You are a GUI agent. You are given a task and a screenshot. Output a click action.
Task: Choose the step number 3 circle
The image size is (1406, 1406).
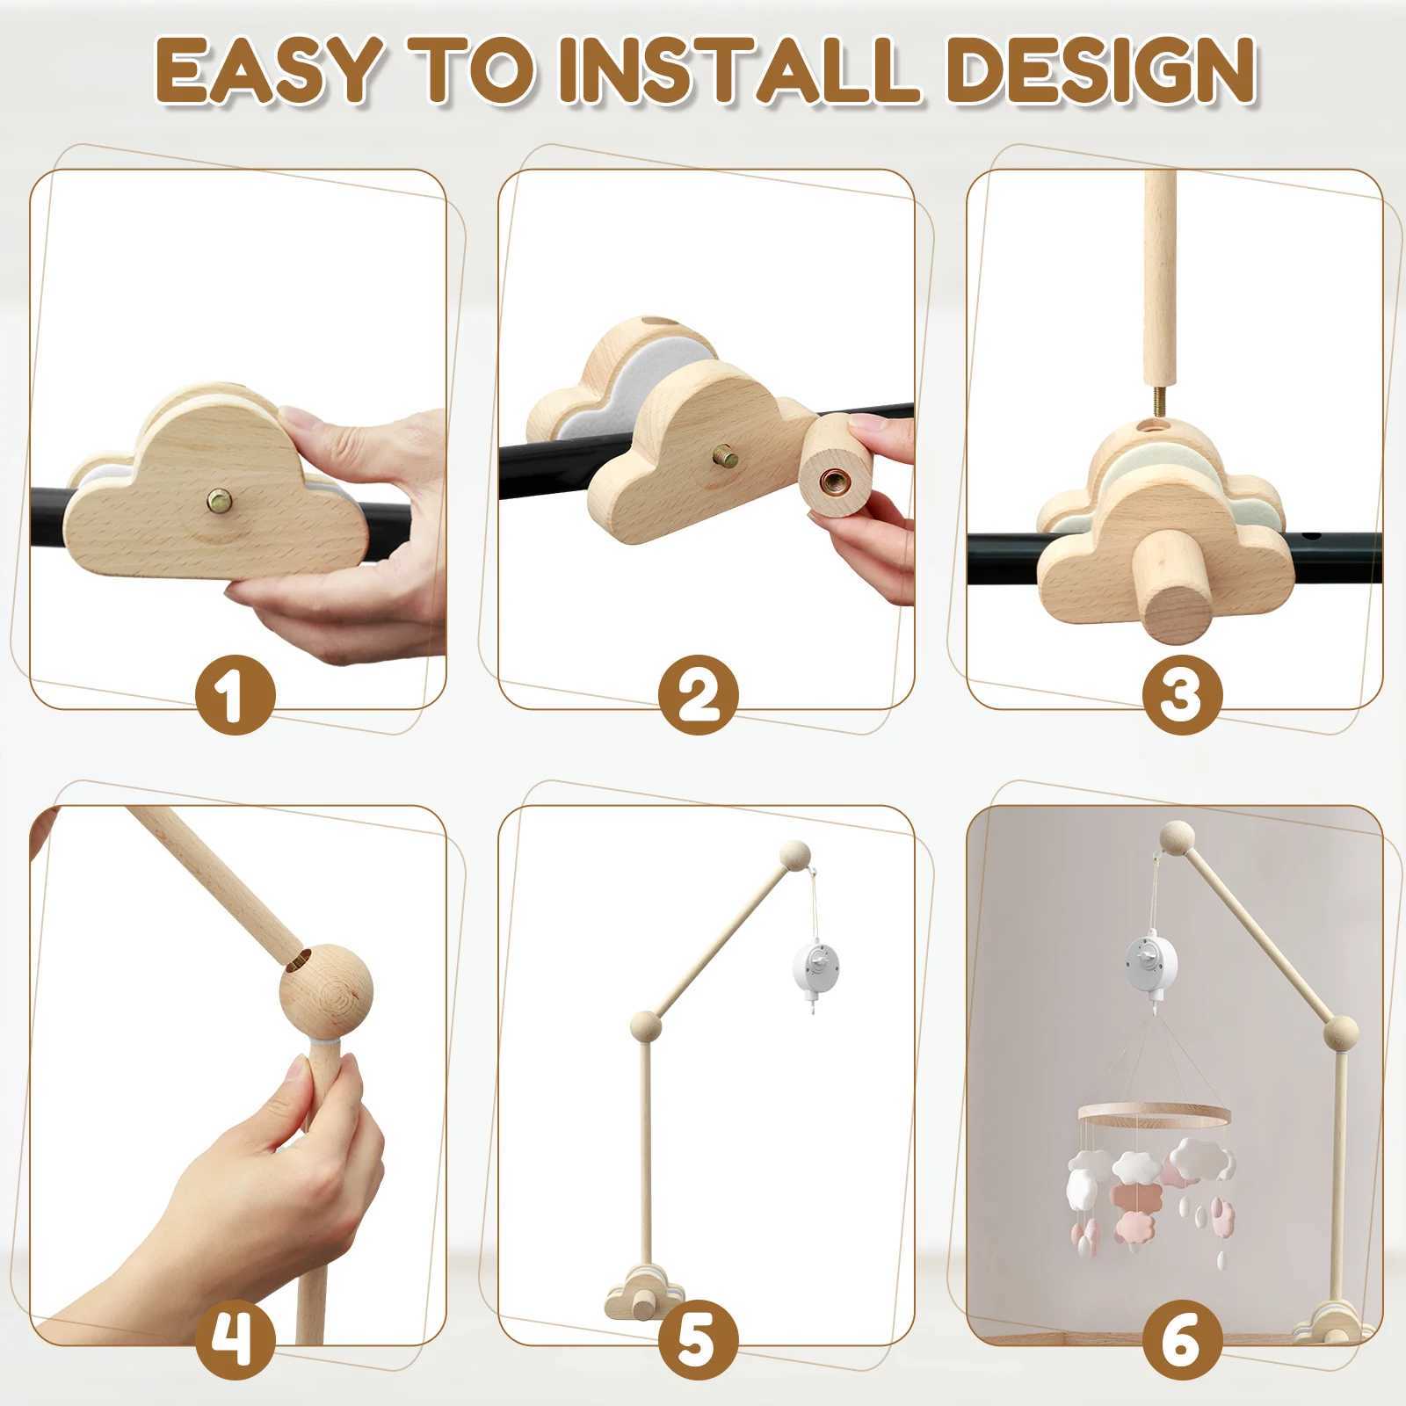(1183, 694)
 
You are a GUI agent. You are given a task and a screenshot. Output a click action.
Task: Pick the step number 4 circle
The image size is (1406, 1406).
(235, 1338)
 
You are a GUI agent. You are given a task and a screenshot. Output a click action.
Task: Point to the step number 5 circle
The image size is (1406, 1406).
(699, 1338)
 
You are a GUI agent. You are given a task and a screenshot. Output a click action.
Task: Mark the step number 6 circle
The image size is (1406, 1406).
(1183, 1338)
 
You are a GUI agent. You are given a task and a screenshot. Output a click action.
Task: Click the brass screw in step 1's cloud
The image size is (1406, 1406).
(221, 504)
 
